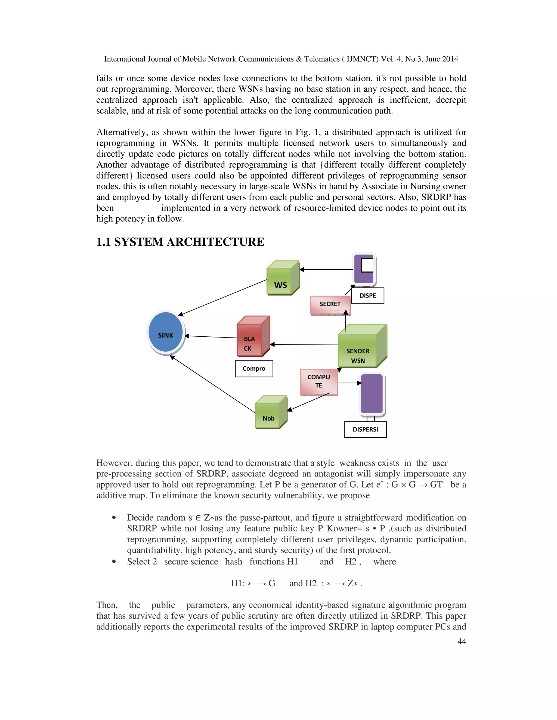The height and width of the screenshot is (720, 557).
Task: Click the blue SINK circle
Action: tap(166, 332)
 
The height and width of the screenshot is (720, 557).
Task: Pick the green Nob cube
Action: tap(269, 414)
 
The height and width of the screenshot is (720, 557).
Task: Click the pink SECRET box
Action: tap(330, 305)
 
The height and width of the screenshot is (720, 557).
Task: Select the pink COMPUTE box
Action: tap(319, 381)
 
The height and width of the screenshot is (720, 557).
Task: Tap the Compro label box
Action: tap(254, 369)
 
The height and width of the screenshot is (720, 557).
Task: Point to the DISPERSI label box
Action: tap(365, 430)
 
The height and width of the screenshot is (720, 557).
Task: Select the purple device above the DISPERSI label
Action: tap(372, 394)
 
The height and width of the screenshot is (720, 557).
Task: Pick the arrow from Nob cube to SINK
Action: tap(213, 384)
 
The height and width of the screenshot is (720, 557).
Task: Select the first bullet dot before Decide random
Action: tap(114, 518)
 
